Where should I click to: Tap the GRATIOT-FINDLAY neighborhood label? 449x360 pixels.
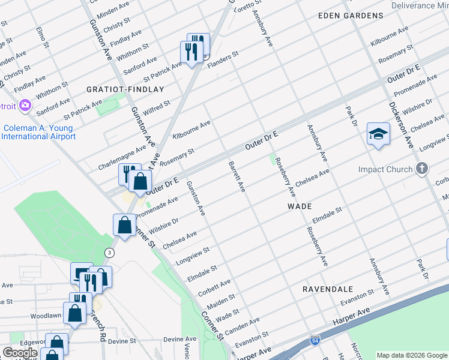(125, 89)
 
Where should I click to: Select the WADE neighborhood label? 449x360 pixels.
(299, 206)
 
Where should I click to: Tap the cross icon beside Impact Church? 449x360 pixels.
(422, 169)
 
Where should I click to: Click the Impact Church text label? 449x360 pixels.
(385, 169)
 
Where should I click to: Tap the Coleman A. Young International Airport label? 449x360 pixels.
(38, 132)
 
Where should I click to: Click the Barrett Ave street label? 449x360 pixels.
(237, 176)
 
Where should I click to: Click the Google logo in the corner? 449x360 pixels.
(20, 353)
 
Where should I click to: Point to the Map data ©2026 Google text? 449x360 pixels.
(411, 355)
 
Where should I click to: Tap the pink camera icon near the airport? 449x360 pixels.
(25, 106)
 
